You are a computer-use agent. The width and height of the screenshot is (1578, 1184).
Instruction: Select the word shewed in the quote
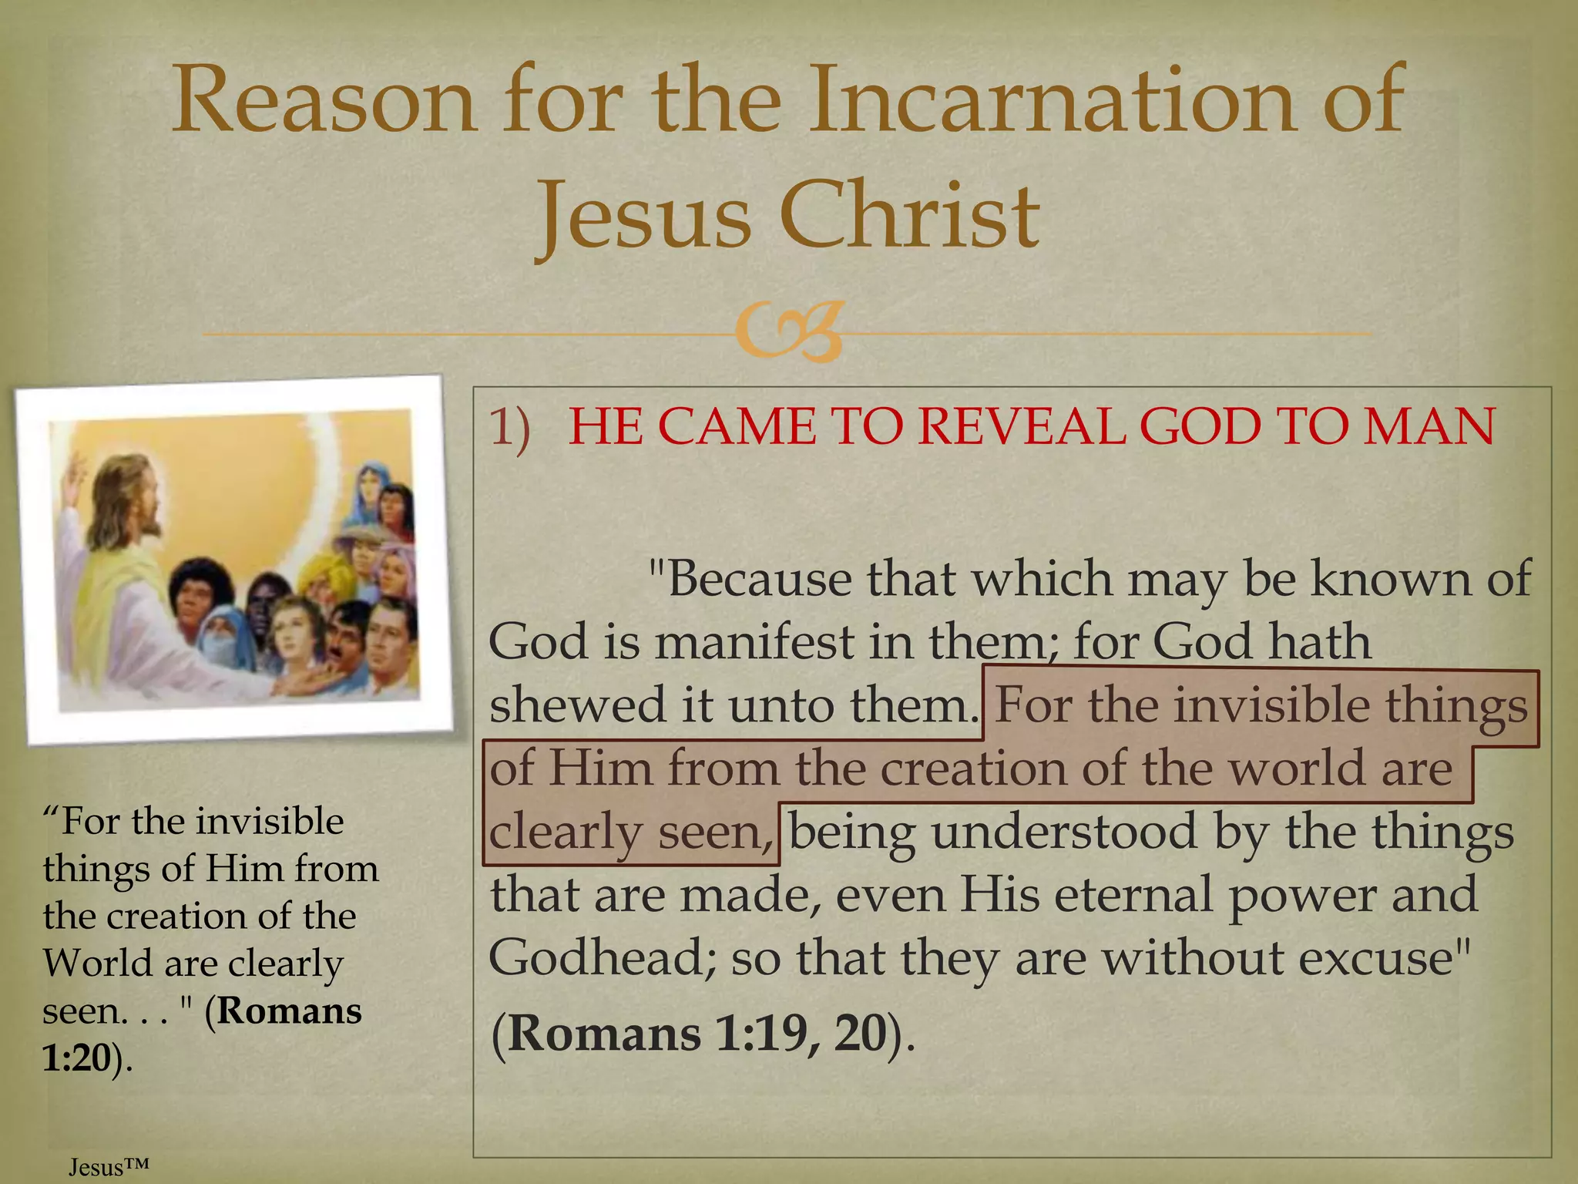pos(578,705)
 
